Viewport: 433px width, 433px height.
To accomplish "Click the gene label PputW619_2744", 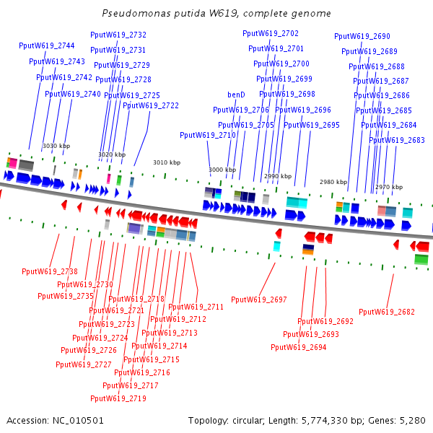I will point(47,46).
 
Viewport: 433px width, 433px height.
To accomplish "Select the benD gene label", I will point(236,95).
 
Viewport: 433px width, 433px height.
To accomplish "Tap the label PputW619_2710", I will point(208,135).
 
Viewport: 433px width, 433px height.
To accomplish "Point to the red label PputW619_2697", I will point(259,299).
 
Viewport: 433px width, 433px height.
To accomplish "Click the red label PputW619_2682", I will point(387,312).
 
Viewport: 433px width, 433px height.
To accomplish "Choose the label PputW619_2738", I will point(50,271).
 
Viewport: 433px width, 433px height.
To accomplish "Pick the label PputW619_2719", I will point(118,398).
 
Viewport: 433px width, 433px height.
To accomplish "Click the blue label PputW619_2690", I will point(362,36).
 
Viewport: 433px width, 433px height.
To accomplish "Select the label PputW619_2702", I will point(271,33).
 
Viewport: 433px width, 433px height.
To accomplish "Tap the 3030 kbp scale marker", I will point(56,146).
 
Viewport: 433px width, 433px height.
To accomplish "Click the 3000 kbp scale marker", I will point(222,170).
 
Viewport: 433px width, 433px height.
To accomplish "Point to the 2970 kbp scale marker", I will point(388,187).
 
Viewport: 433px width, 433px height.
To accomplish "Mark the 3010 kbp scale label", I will point(167,162).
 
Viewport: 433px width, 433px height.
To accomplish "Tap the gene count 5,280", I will point(411,420).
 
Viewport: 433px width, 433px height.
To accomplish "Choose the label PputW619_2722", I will point(151,105).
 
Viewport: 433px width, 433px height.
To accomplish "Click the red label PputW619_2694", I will point(299,347).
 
